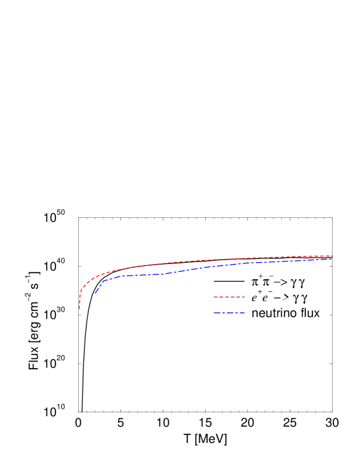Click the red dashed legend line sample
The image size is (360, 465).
[x=228, y=297]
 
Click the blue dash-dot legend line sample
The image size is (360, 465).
[x=228, y=313]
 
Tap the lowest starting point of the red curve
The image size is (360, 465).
[x=79, y=309]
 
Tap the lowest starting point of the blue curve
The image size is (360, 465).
[x=95, y=293]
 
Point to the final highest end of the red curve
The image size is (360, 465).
[x=332, y=256]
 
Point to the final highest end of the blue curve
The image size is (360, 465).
[x=332, y=259]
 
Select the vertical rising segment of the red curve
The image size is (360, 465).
[x=79, y=300]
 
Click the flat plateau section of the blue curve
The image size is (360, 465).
[x=140, y=275]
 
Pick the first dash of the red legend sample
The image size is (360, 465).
[x=215, y=297]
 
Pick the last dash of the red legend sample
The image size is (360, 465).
[x=242, y=297]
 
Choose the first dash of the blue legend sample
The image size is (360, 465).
[x=216, y=313]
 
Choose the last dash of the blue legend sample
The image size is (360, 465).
[x=242, y=313]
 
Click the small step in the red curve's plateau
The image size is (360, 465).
[x=243, y=258]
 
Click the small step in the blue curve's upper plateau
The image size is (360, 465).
[x=262, y=262]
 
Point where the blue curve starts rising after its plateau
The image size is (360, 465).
[x=163, y=274]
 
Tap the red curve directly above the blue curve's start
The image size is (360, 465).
[x=95, y=277]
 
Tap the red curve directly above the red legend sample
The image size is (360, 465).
[x=228, y=259]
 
